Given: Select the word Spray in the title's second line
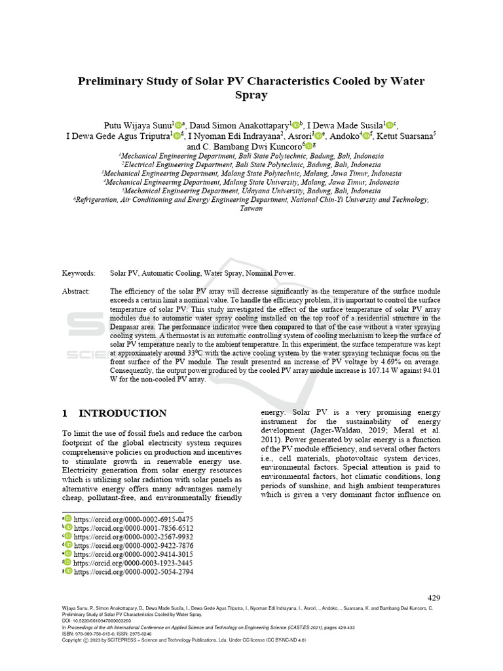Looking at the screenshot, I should tap(251, 96).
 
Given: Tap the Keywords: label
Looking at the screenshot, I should tap(79, 273).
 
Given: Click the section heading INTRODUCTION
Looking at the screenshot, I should tap(122, 413).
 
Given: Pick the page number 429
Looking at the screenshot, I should tap(434, 598).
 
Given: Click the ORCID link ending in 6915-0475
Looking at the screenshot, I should tap(133, 519).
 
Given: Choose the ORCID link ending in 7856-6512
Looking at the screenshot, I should tap(133, 528).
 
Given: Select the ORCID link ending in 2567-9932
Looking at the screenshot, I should tap(133, 537).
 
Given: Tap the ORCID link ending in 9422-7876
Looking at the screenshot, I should tap(133, 545).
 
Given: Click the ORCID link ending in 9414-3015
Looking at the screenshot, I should tap(133, 554).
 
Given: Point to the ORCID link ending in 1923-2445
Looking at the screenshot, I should tap(133, 563).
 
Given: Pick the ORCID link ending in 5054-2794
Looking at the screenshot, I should tap(133, 571).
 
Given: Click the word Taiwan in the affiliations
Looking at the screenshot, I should tap(251, 209).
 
